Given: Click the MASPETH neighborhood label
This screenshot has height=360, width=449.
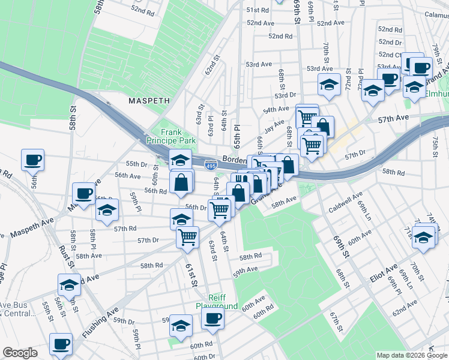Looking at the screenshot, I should click(150, 101).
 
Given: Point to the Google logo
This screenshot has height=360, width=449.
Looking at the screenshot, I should click(20, 353).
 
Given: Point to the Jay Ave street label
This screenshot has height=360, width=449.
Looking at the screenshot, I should click(274, 126).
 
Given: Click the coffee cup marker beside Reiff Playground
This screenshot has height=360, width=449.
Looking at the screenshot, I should click(212, 319).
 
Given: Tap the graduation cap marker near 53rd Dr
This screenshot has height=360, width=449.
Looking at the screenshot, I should click(329, 85).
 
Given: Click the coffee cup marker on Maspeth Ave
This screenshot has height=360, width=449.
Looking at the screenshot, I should click(83, 193).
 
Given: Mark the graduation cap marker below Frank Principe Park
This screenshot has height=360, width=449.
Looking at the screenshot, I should click(179, 161).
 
